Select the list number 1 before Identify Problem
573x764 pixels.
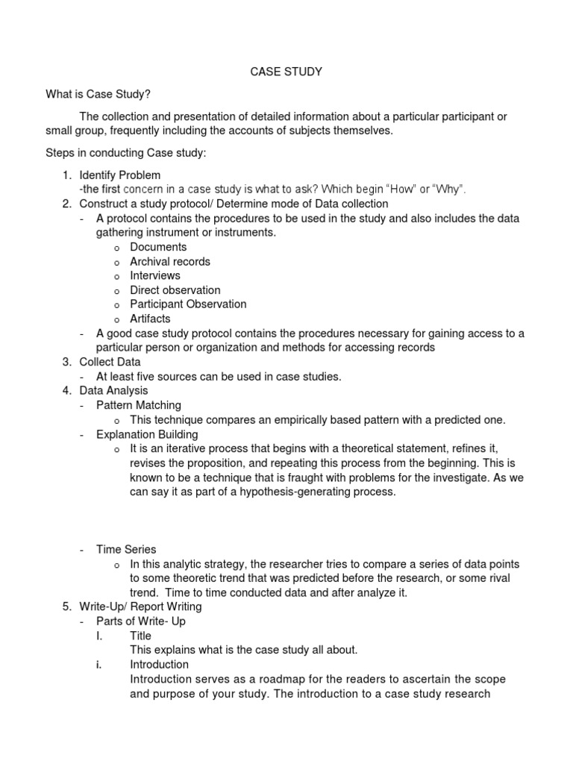[x=66, y=175]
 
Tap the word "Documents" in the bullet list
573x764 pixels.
[x=158, y=247]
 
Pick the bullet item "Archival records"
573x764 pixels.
[x=170, y=261]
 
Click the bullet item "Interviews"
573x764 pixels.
[x=155, y=275]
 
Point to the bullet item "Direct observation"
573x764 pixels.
[x=175, y=289]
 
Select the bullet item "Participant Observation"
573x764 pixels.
[x=188, y=304]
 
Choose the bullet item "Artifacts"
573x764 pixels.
[x=150, y=319]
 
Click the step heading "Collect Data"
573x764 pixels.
[x=110, y=362]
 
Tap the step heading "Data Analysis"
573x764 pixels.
[x=113, y=390]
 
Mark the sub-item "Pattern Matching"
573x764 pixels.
[x=139, y=405]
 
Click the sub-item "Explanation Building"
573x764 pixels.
[x=147, y=434]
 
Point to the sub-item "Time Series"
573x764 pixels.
[x=126, y=549]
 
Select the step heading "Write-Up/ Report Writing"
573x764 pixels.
[x=140, y=607]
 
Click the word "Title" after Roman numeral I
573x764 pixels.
[x=140, y=636]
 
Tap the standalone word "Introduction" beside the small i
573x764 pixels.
[x=159, y=664]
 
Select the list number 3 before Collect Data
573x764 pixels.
[x=66, y=362]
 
